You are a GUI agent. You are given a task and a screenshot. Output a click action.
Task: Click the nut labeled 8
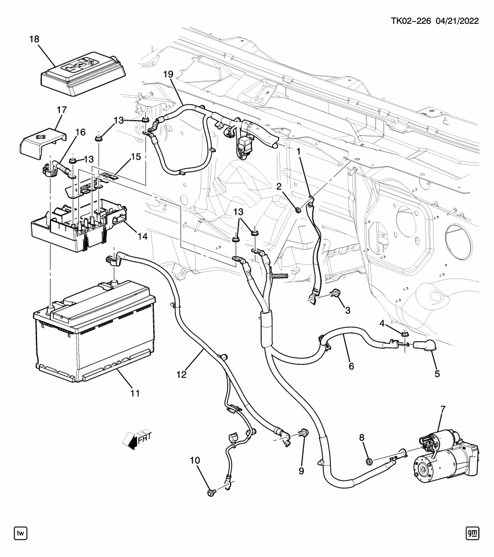tap(369, 462)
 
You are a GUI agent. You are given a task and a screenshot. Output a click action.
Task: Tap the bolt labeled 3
tap(336, 295)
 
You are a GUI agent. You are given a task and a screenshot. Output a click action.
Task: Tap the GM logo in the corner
tap(475, 533)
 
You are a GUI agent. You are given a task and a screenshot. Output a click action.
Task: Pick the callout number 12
tap(181, 374)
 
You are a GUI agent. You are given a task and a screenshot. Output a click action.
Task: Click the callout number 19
tap(168, 74)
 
